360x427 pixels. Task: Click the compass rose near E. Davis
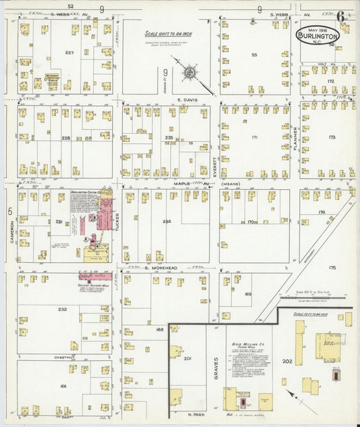pos(190,70)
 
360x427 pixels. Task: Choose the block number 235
pos(169,137)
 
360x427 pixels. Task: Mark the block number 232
pos(62,309)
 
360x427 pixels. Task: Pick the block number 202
pos(286,361)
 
